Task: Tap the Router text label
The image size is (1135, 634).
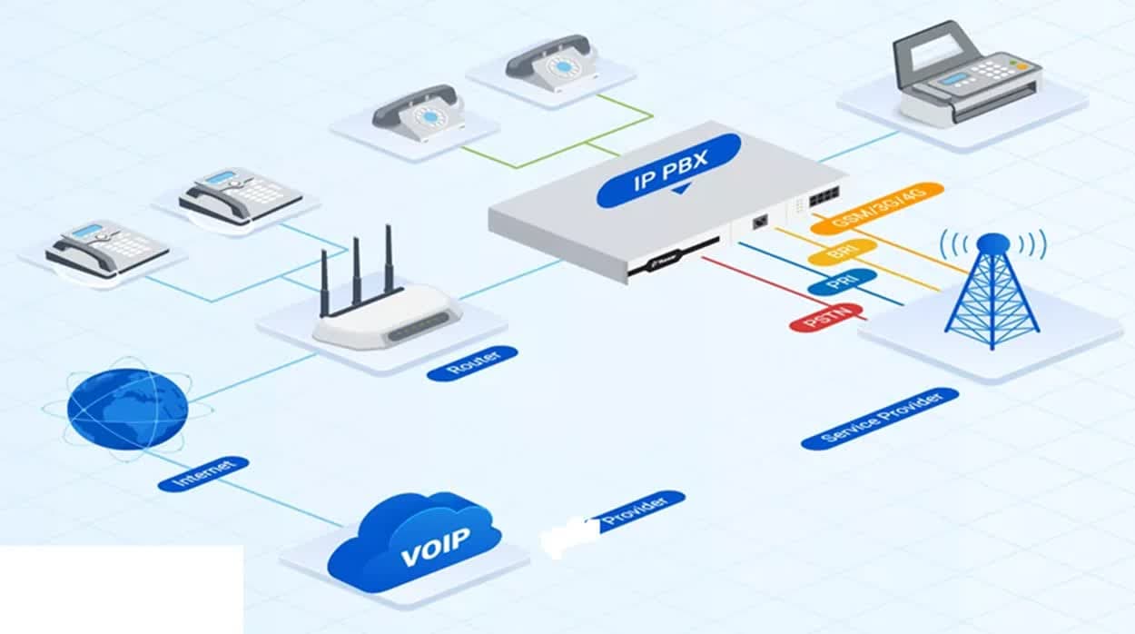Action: coord(471,362)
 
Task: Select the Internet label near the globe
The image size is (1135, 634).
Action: coord(202,474)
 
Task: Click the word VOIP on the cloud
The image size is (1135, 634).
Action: coord(436,542)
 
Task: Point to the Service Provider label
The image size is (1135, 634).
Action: coord(879,418)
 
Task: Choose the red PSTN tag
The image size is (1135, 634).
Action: coord(825,317)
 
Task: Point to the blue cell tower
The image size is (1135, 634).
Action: coord(992,295)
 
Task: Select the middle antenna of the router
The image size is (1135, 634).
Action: coord(357,269)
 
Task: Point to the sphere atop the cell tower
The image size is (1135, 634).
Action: coord(992,243)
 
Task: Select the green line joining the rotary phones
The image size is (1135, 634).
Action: coord(554,154)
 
